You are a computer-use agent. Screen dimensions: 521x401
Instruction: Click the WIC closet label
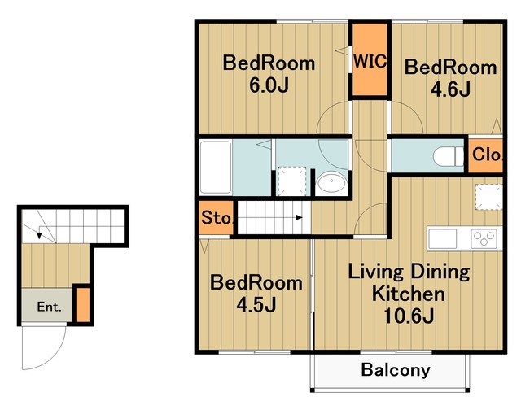click(x=370, y=61)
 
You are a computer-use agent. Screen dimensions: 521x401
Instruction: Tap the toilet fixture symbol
click(x=449, y=156)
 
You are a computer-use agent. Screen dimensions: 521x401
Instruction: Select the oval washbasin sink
click(x=331, y=181)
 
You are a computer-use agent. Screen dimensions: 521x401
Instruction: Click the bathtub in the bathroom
click(x=216, y=167)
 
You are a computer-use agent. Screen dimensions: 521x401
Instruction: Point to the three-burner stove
click(x=484, y=238)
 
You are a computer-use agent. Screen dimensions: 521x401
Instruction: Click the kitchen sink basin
click(x=442, y=238)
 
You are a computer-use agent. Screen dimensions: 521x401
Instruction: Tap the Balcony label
click(x=396, y=370)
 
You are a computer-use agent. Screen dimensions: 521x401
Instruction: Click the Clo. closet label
click(x=487, y=155)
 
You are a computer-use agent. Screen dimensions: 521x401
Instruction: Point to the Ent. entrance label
click(x=49, y=307)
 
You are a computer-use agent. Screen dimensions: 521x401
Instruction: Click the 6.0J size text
click(x=269, y=85)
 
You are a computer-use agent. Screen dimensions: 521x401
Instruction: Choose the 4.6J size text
click(x=450, y=89)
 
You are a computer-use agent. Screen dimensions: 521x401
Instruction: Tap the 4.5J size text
click(x=256, y=305)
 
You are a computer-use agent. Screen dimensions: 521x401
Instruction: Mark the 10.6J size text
click(x=409, y=316)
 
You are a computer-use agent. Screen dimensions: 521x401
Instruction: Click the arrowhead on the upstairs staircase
click(x=300, y=217)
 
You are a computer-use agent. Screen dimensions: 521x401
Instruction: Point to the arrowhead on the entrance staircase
click(x=39, y=235)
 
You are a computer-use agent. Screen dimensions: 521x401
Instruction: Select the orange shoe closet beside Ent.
click(x=83, y=305)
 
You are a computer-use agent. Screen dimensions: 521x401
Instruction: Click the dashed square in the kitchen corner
click(x=488, y=197)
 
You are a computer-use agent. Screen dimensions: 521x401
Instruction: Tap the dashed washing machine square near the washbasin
click(x=291, y=181)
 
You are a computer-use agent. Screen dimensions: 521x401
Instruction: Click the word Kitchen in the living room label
click(x=409, y=294)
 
